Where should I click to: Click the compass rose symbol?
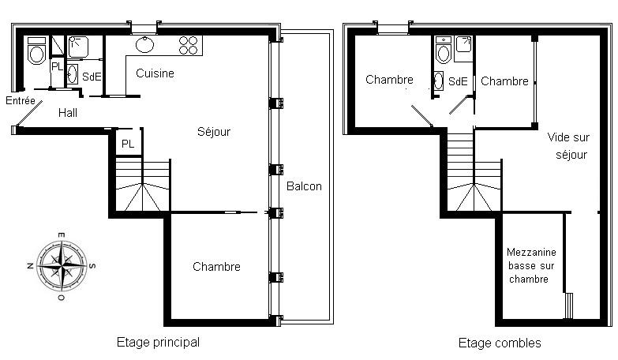point(62,266)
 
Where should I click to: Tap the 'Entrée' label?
point(21,100)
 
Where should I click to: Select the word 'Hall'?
point(68,113)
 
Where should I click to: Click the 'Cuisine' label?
point(155,73)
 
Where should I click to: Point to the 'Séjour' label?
point(214,131)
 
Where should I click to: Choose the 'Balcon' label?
point(304,186)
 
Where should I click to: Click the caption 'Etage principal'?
point(158,342)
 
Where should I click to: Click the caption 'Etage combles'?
point(500,343)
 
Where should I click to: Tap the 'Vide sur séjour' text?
point(569,145)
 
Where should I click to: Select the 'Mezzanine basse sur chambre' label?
point(531,265)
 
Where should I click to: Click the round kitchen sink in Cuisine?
point(145,44)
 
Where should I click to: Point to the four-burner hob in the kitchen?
point(189,45)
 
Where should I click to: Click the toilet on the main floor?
point(36,51)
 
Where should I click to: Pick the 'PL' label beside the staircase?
point(128,144)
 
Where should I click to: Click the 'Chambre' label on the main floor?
point(216,267)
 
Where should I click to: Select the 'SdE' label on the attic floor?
point(458,81)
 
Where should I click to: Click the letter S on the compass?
point(92,266)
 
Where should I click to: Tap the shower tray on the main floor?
point(78,47)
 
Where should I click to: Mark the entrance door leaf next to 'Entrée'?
point(29,114)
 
